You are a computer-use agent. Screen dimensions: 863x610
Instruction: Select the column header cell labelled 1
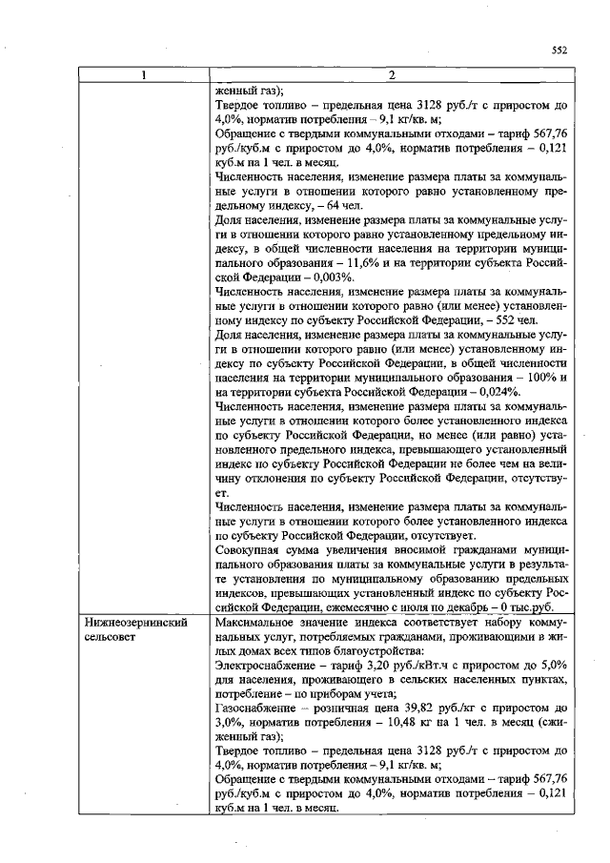(x=144, y=75)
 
